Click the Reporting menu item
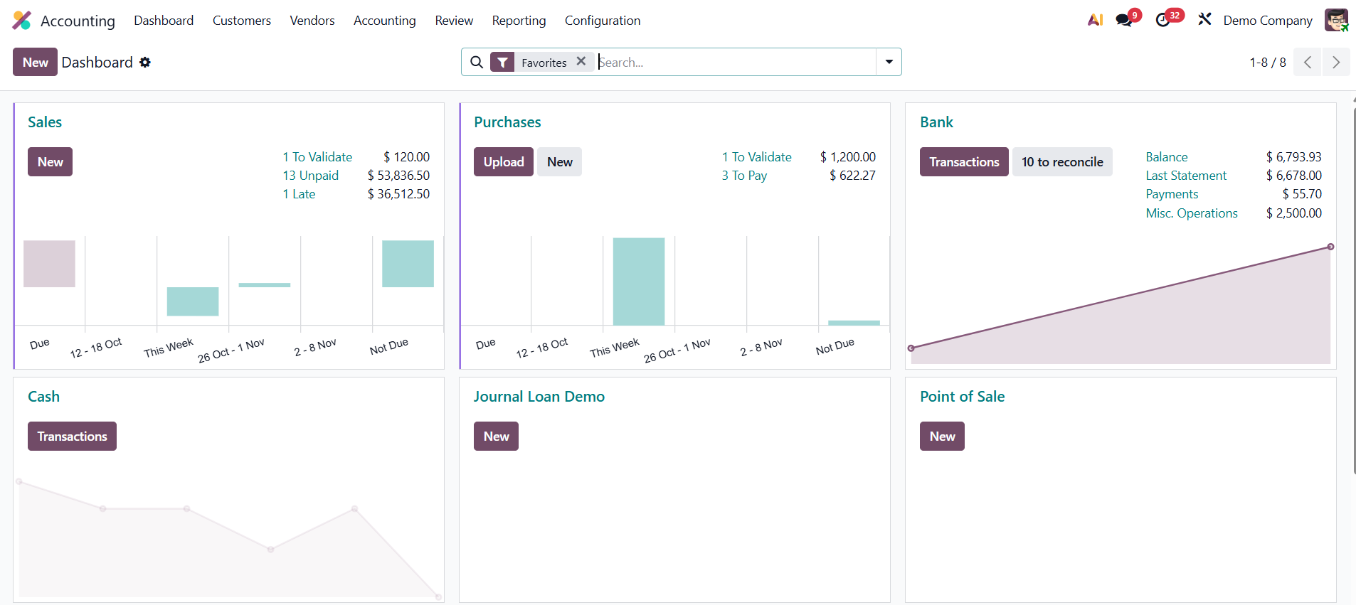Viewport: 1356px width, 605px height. tap(519, 21)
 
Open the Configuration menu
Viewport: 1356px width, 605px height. tap(602, 21)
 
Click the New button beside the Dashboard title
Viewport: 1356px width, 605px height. tap(35, 63)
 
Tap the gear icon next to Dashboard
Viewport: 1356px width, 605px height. tap(145, 63)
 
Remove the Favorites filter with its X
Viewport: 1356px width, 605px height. tap(581, 61)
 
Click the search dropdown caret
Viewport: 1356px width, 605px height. tap(889, 62)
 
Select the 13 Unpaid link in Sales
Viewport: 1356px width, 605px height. tap(310, 176)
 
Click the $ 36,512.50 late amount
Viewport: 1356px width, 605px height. tap(398, 194)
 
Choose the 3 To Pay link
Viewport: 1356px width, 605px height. tap(744, 176)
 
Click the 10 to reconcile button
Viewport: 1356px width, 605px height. tap(1061, 162)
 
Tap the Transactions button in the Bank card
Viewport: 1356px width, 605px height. tap(963, 162)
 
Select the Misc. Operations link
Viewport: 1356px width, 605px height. tap(1191, 213)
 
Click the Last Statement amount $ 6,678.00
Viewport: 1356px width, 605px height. tap(1293, 176)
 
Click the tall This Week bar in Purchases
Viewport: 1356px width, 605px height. tap(638, 282)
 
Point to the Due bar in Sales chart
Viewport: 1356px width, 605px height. tap(49, 264)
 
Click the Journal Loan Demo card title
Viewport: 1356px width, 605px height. tap(539, 397)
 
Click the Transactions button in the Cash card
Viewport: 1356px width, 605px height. tap(72, 437)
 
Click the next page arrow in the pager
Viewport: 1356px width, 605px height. tap(1335, 63)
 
